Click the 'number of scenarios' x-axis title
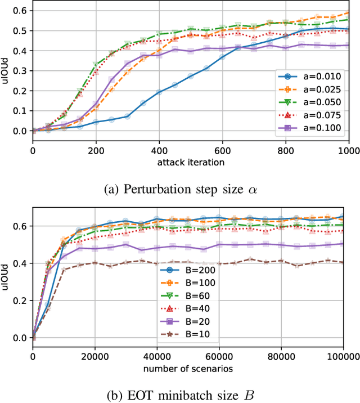[x=188, y=369]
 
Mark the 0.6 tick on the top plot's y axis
[x=21, y=11]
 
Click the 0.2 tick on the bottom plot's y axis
[x=21, y=301]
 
